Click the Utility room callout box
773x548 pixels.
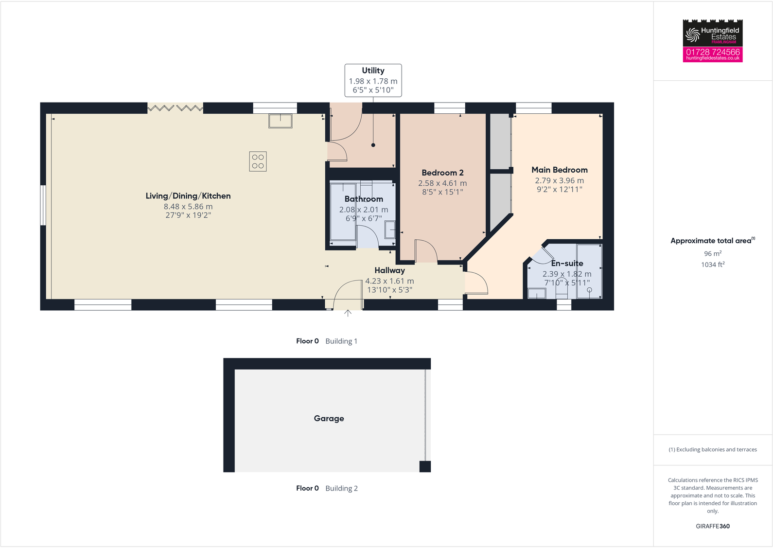pos(373,80)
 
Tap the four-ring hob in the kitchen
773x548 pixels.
pos(258,161)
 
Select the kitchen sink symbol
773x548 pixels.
pos(281,121)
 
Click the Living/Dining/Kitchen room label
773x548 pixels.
pos(188,196)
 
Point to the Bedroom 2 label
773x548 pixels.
pos(442,173)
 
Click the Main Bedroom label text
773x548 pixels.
pos(559,170)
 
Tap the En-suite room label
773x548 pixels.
pos(567,264)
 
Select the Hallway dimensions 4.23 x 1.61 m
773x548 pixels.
pos(389,281)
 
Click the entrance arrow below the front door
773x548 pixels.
pos(348,314)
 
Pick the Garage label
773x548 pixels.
pos(329,418)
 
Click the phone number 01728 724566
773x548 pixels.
pos(712,52)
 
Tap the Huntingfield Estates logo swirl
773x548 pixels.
pos(692,35)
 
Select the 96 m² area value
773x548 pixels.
pos(712,254)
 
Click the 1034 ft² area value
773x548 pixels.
pos(712,265)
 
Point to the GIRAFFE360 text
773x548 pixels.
pos(712,526)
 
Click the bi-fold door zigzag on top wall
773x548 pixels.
pos(175,108)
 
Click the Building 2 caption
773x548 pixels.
pos(341,488)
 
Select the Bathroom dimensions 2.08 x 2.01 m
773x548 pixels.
pos(364,210)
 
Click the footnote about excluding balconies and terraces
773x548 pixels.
pos(712,449)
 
